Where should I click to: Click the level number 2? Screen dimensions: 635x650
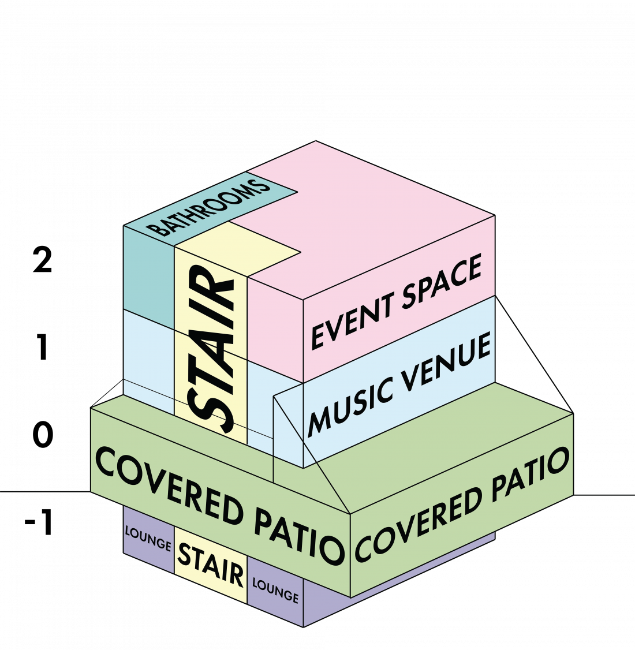[42, 260]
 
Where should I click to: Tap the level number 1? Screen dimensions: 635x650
[42, 347]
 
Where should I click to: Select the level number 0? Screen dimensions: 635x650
[43, 435]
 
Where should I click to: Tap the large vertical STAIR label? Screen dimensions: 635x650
[211, 350]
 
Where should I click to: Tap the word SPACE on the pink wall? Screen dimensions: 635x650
[442, 281]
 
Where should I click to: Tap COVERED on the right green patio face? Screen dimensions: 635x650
[419, 524]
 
